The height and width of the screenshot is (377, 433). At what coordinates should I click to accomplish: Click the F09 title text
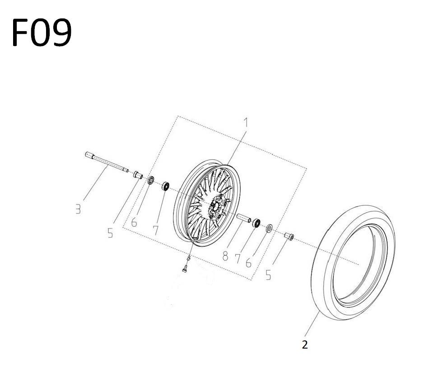[42, 33]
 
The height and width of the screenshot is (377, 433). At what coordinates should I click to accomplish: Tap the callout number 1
[246, 122]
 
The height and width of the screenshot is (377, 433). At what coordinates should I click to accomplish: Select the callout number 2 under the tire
[305, 344]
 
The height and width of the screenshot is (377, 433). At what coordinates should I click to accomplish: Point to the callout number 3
[78, 209]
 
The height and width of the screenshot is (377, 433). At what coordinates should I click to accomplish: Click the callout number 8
[225, 256]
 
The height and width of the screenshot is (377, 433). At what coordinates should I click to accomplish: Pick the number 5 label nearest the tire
[268, 275]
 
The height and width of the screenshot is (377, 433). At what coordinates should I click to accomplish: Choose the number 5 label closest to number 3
[110, 233]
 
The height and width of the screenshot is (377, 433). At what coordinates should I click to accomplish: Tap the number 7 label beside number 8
[237, 259]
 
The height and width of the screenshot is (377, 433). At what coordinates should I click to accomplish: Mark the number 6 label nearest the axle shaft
[134, 222]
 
